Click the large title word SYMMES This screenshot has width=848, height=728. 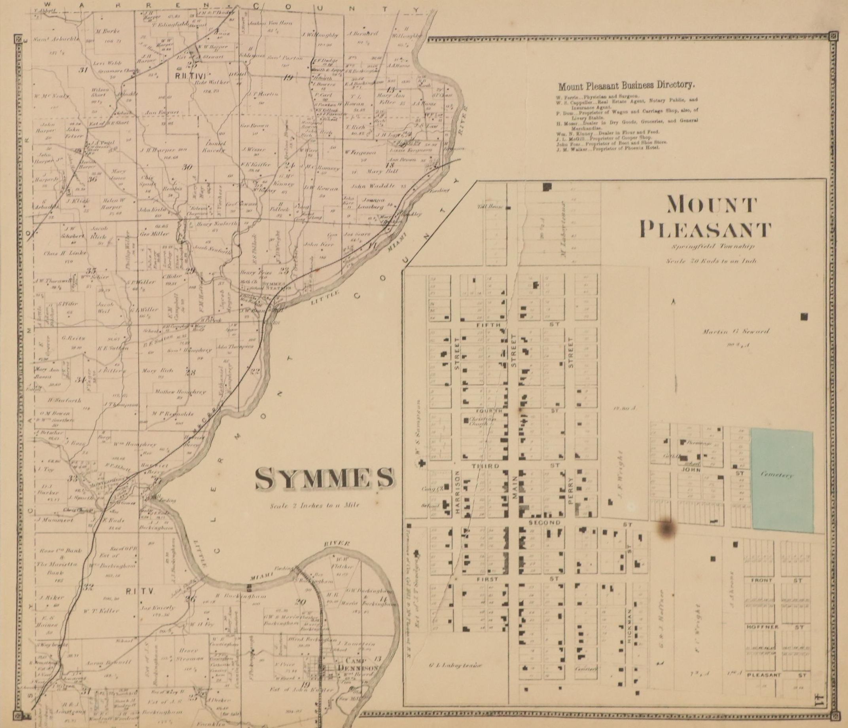(x=325, y=479)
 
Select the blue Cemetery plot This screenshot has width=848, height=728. (x=782, y=475)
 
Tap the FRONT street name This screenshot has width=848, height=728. (x=761, y=580)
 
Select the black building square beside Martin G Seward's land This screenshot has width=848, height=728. (x=804, y=316)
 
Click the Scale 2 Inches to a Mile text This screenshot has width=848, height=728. (x=314, y=505)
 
